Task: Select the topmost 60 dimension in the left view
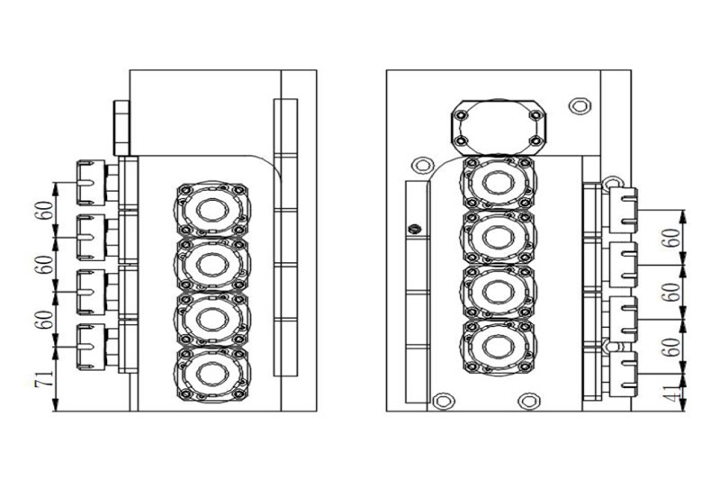point(41,210)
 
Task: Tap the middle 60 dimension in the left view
point(41,265)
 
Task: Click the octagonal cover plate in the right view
point(497,127)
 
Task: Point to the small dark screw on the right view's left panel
point(415,229)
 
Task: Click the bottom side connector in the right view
point(621,373)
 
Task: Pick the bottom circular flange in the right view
point(497,345)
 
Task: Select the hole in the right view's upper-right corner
point(580,105)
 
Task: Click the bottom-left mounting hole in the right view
point(442,400)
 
